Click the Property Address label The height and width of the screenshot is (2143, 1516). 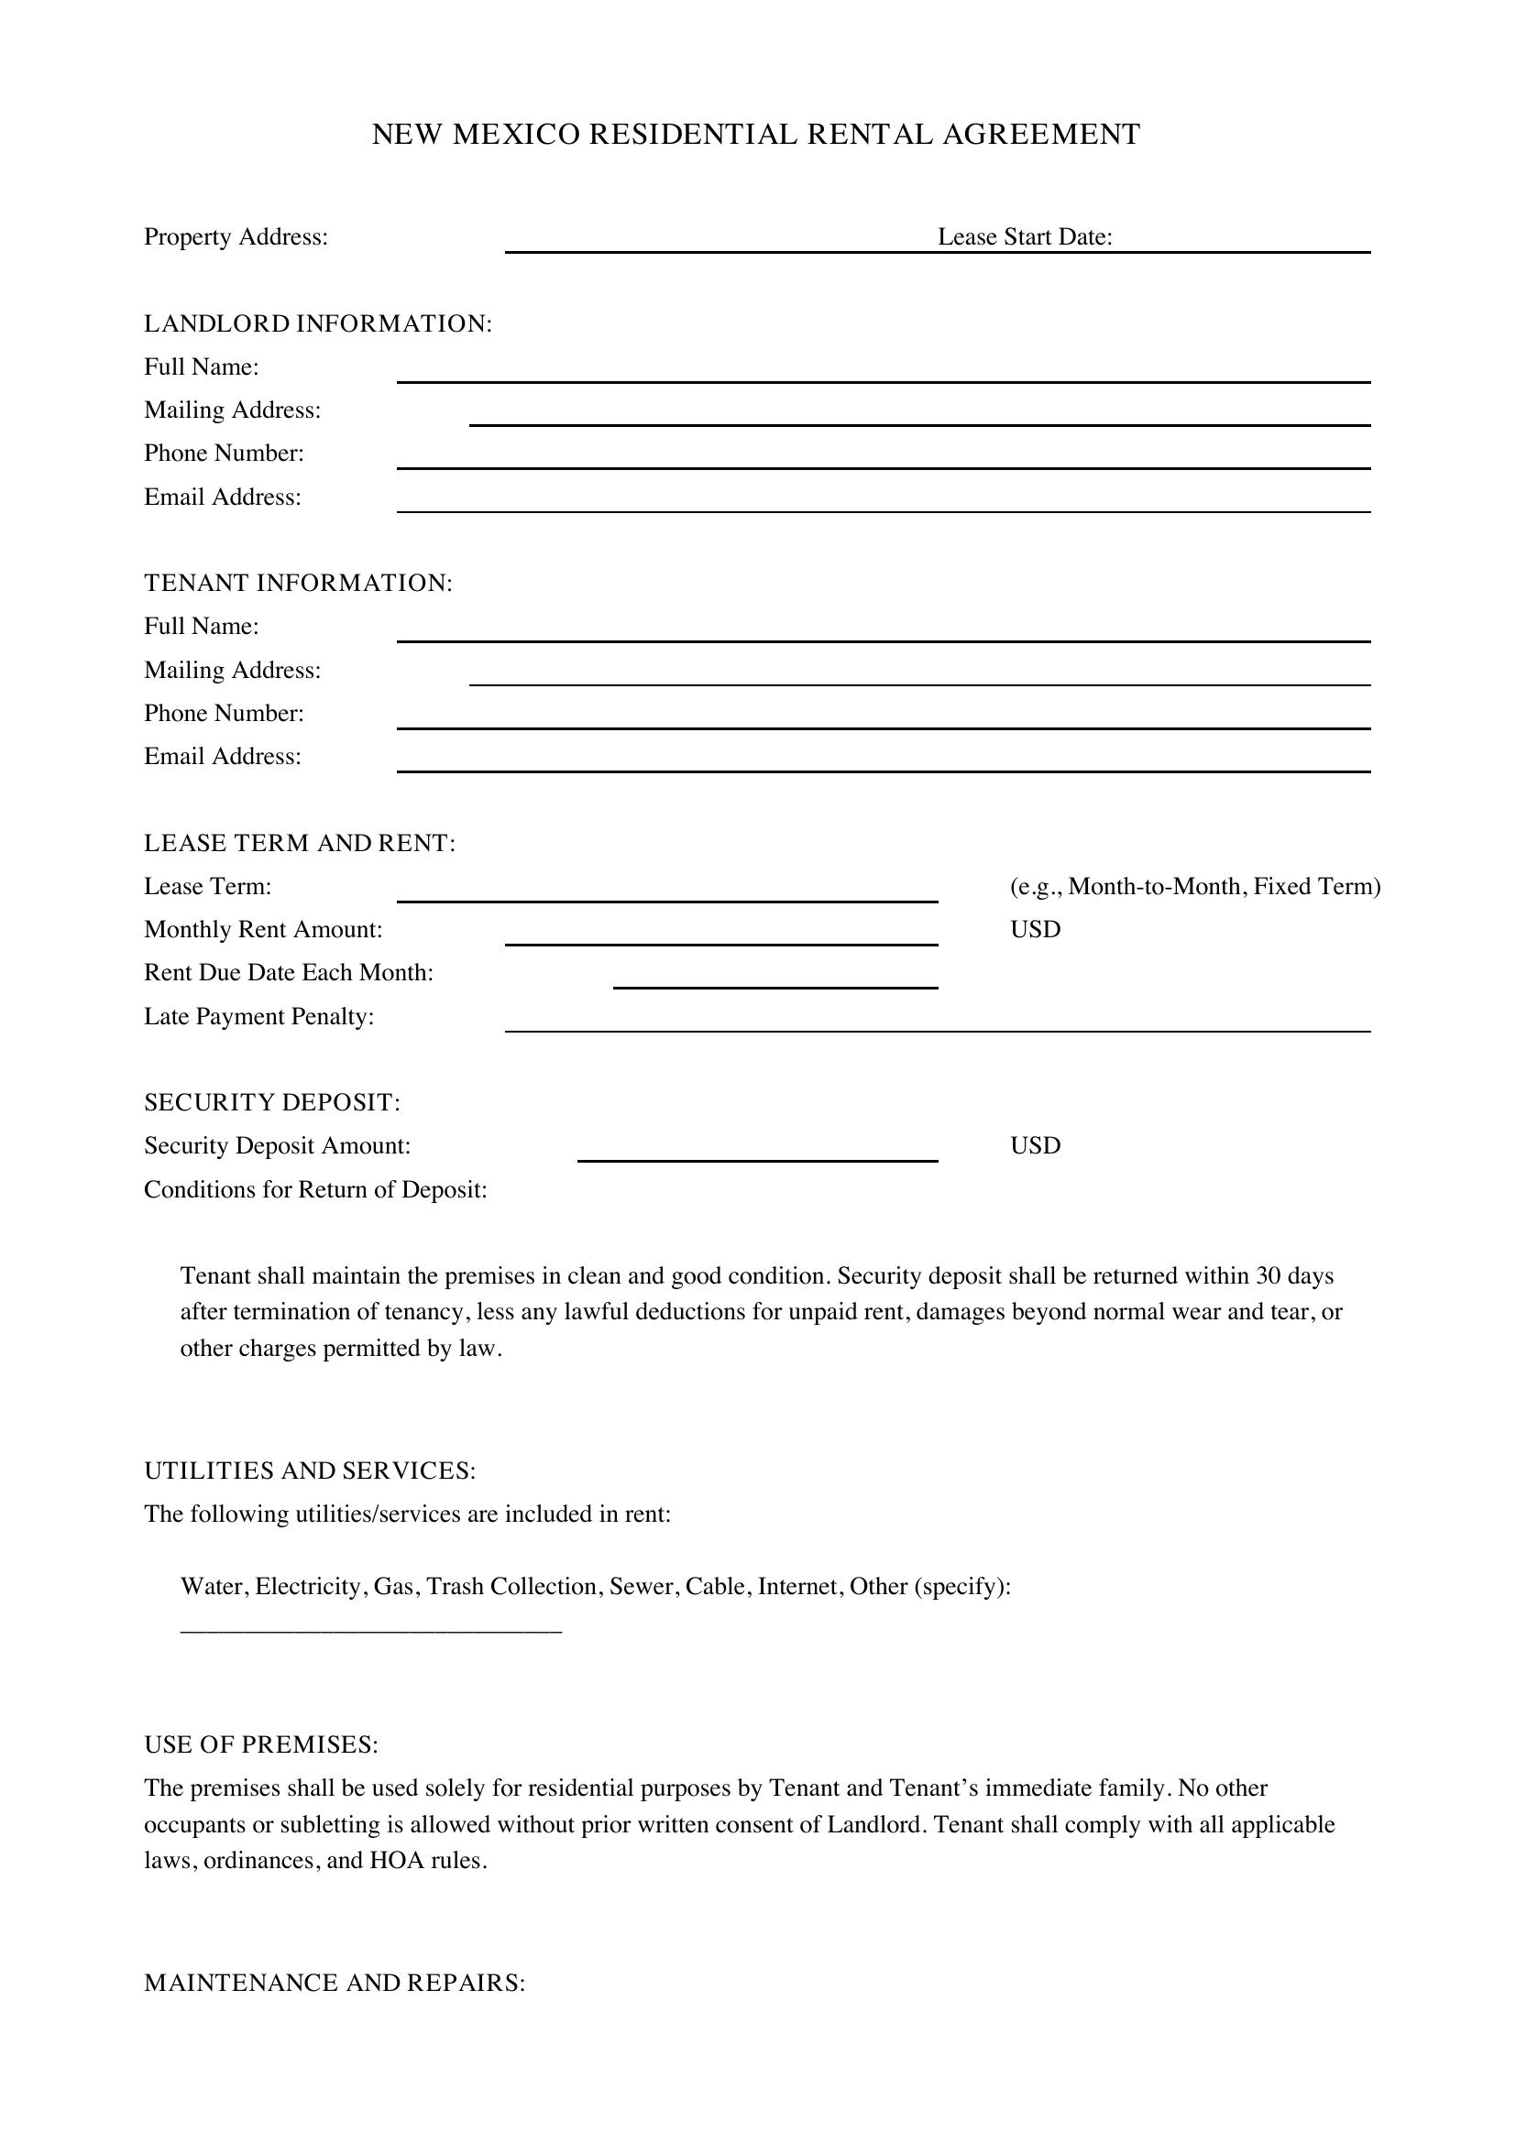[236, 237]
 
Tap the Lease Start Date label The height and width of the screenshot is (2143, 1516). [1024, 237]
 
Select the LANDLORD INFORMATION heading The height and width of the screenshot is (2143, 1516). [317, 323]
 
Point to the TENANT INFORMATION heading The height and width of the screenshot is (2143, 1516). [298, 584]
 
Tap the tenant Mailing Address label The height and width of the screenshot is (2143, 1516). [232, 670]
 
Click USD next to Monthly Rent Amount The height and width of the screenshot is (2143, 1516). [1034, 930]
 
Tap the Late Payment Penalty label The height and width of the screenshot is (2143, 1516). [258, 1016]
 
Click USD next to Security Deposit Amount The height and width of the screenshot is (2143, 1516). [1034, 1146]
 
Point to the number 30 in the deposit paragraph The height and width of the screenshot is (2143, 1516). [1268, 1276]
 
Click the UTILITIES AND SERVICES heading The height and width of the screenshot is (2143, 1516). [309, 1471]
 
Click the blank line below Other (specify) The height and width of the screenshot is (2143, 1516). [370, 1630]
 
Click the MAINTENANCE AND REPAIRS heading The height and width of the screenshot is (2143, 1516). [335, 1983]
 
